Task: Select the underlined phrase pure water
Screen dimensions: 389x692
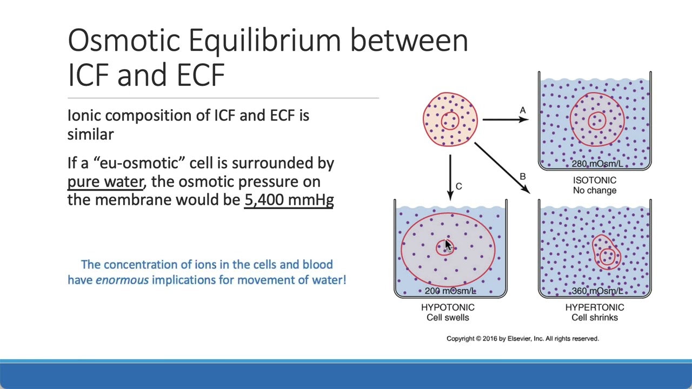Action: pos(105,182)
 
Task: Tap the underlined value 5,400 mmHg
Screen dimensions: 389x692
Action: pos(289,200)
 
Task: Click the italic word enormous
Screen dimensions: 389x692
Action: pos(122,280)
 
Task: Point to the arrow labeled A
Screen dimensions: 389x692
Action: pos(505,119)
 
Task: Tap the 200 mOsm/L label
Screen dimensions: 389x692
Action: pos(450,291)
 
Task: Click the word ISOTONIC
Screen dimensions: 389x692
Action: pos(594,180)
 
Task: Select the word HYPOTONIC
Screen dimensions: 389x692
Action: pos(448,307)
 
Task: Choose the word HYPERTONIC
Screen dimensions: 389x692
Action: pos(594,307)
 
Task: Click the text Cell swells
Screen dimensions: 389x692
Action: pos(448,318)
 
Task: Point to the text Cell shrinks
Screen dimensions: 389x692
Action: pos(594,318)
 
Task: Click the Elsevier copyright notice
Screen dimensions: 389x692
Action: pos(522,339)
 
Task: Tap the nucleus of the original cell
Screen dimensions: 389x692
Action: pos(450,120)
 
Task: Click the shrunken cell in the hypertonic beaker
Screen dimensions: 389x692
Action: pos(607,252)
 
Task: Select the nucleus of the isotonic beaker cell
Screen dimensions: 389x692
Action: pos(597,120)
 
